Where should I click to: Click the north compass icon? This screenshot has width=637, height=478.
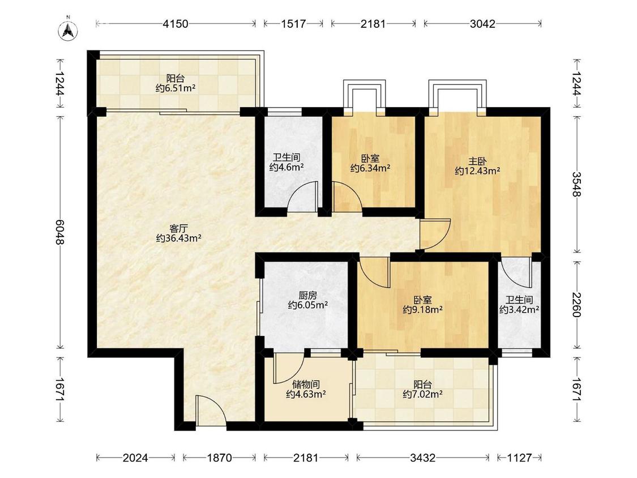(x=69, y=30)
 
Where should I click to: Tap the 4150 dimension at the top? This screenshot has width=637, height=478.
(x=176, y=24)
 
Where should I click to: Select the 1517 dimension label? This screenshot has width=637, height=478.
(x=293, y=24)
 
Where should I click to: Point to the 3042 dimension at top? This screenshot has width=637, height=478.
(x=482, y=24)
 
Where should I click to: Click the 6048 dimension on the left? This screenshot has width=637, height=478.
(x=59, y=232)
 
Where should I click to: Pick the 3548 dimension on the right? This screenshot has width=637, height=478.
(x=577, y=184)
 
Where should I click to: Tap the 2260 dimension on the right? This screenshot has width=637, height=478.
(x=577, y=305)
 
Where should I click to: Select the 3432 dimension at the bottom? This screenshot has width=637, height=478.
(x=422, y=458)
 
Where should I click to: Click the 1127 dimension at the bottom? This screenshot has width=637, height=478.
(x=519, y=458)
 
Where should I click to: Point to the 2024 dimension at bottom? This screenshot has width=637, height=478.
(x=135, y=458)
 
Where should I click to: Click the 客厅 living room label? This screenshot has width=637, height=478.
(x=179, y=228)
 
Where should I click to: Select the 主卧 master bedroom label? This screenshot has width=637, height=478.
(x=477, y=161)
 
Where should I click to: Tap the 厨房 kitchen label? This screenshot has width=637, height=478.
(x=307, y=295)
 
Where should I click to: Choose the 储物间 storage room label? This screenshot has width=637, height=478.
(x=306, y=384)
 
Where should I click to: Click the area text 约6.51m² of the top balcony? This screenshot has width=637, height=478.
(x=176, y=88)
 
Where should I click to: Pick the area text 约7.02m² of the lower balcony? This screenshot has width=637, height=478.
(x=422, y=394)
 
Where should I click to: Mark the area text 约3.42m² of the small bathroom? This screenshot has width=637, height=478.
(x=519, y=310)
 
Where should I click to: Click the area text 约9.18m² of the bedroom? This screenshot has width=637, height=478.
(x=422, y=310)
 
